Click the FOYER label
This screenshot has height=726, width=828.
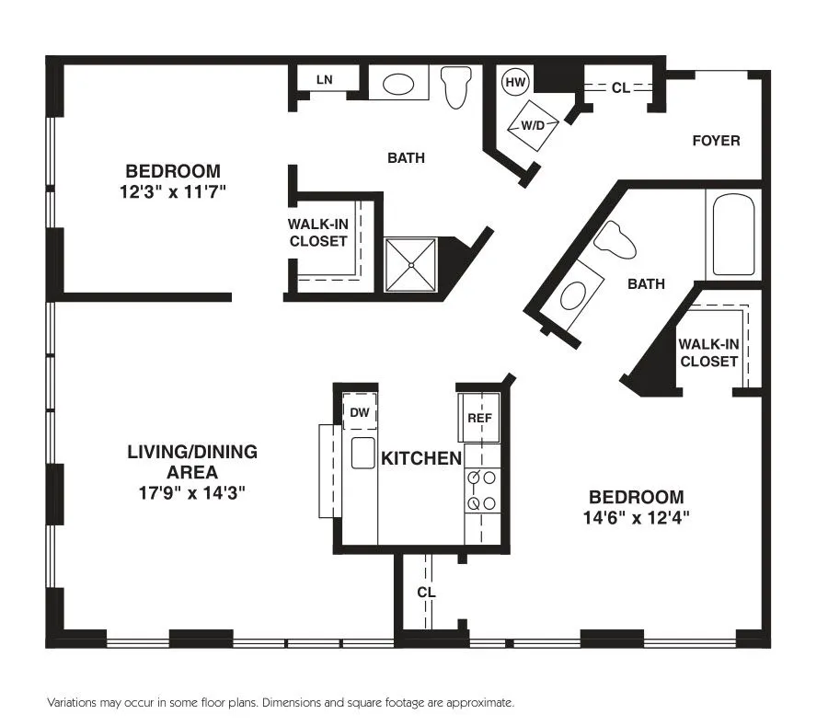pyautogui.click(x=716, y=141)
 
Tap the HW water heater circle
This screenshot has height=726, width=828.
pyautogui.click(x=516, y=82)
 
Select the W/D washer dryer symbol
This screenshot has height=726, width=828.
pyautogui.click(x=533, y=123)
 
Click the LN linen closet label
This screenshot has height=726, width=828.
pyautogui.click(x=324, y=80)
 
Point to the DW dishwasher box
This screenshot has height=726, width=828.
pyautogui.click(x=360, y=413)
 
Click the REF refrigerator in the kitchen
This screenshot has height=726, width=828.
pyautogui.click(x=479, y=418)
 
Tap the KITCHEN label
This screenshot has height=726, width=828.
pyautogui.click(x=420, y=458)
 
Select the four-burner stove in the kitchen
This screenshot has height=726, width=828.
pyautogui.click(x=483, y=490)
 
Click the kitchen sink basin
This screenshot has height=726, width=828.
pyautogui.click(x=362, y=453)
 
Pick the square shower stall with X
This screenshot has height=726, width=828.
pyautogui.click(x=410, y=264)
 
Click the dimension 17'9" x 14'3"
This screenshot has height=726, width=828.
pyautogui.click(x=191, y=493)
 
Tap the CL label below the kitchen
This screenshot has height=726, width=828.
pyautogui.click(x=426, y=592)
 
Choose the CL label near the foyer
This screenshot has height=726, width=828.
pyautogui.click(x=620, y=88)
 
